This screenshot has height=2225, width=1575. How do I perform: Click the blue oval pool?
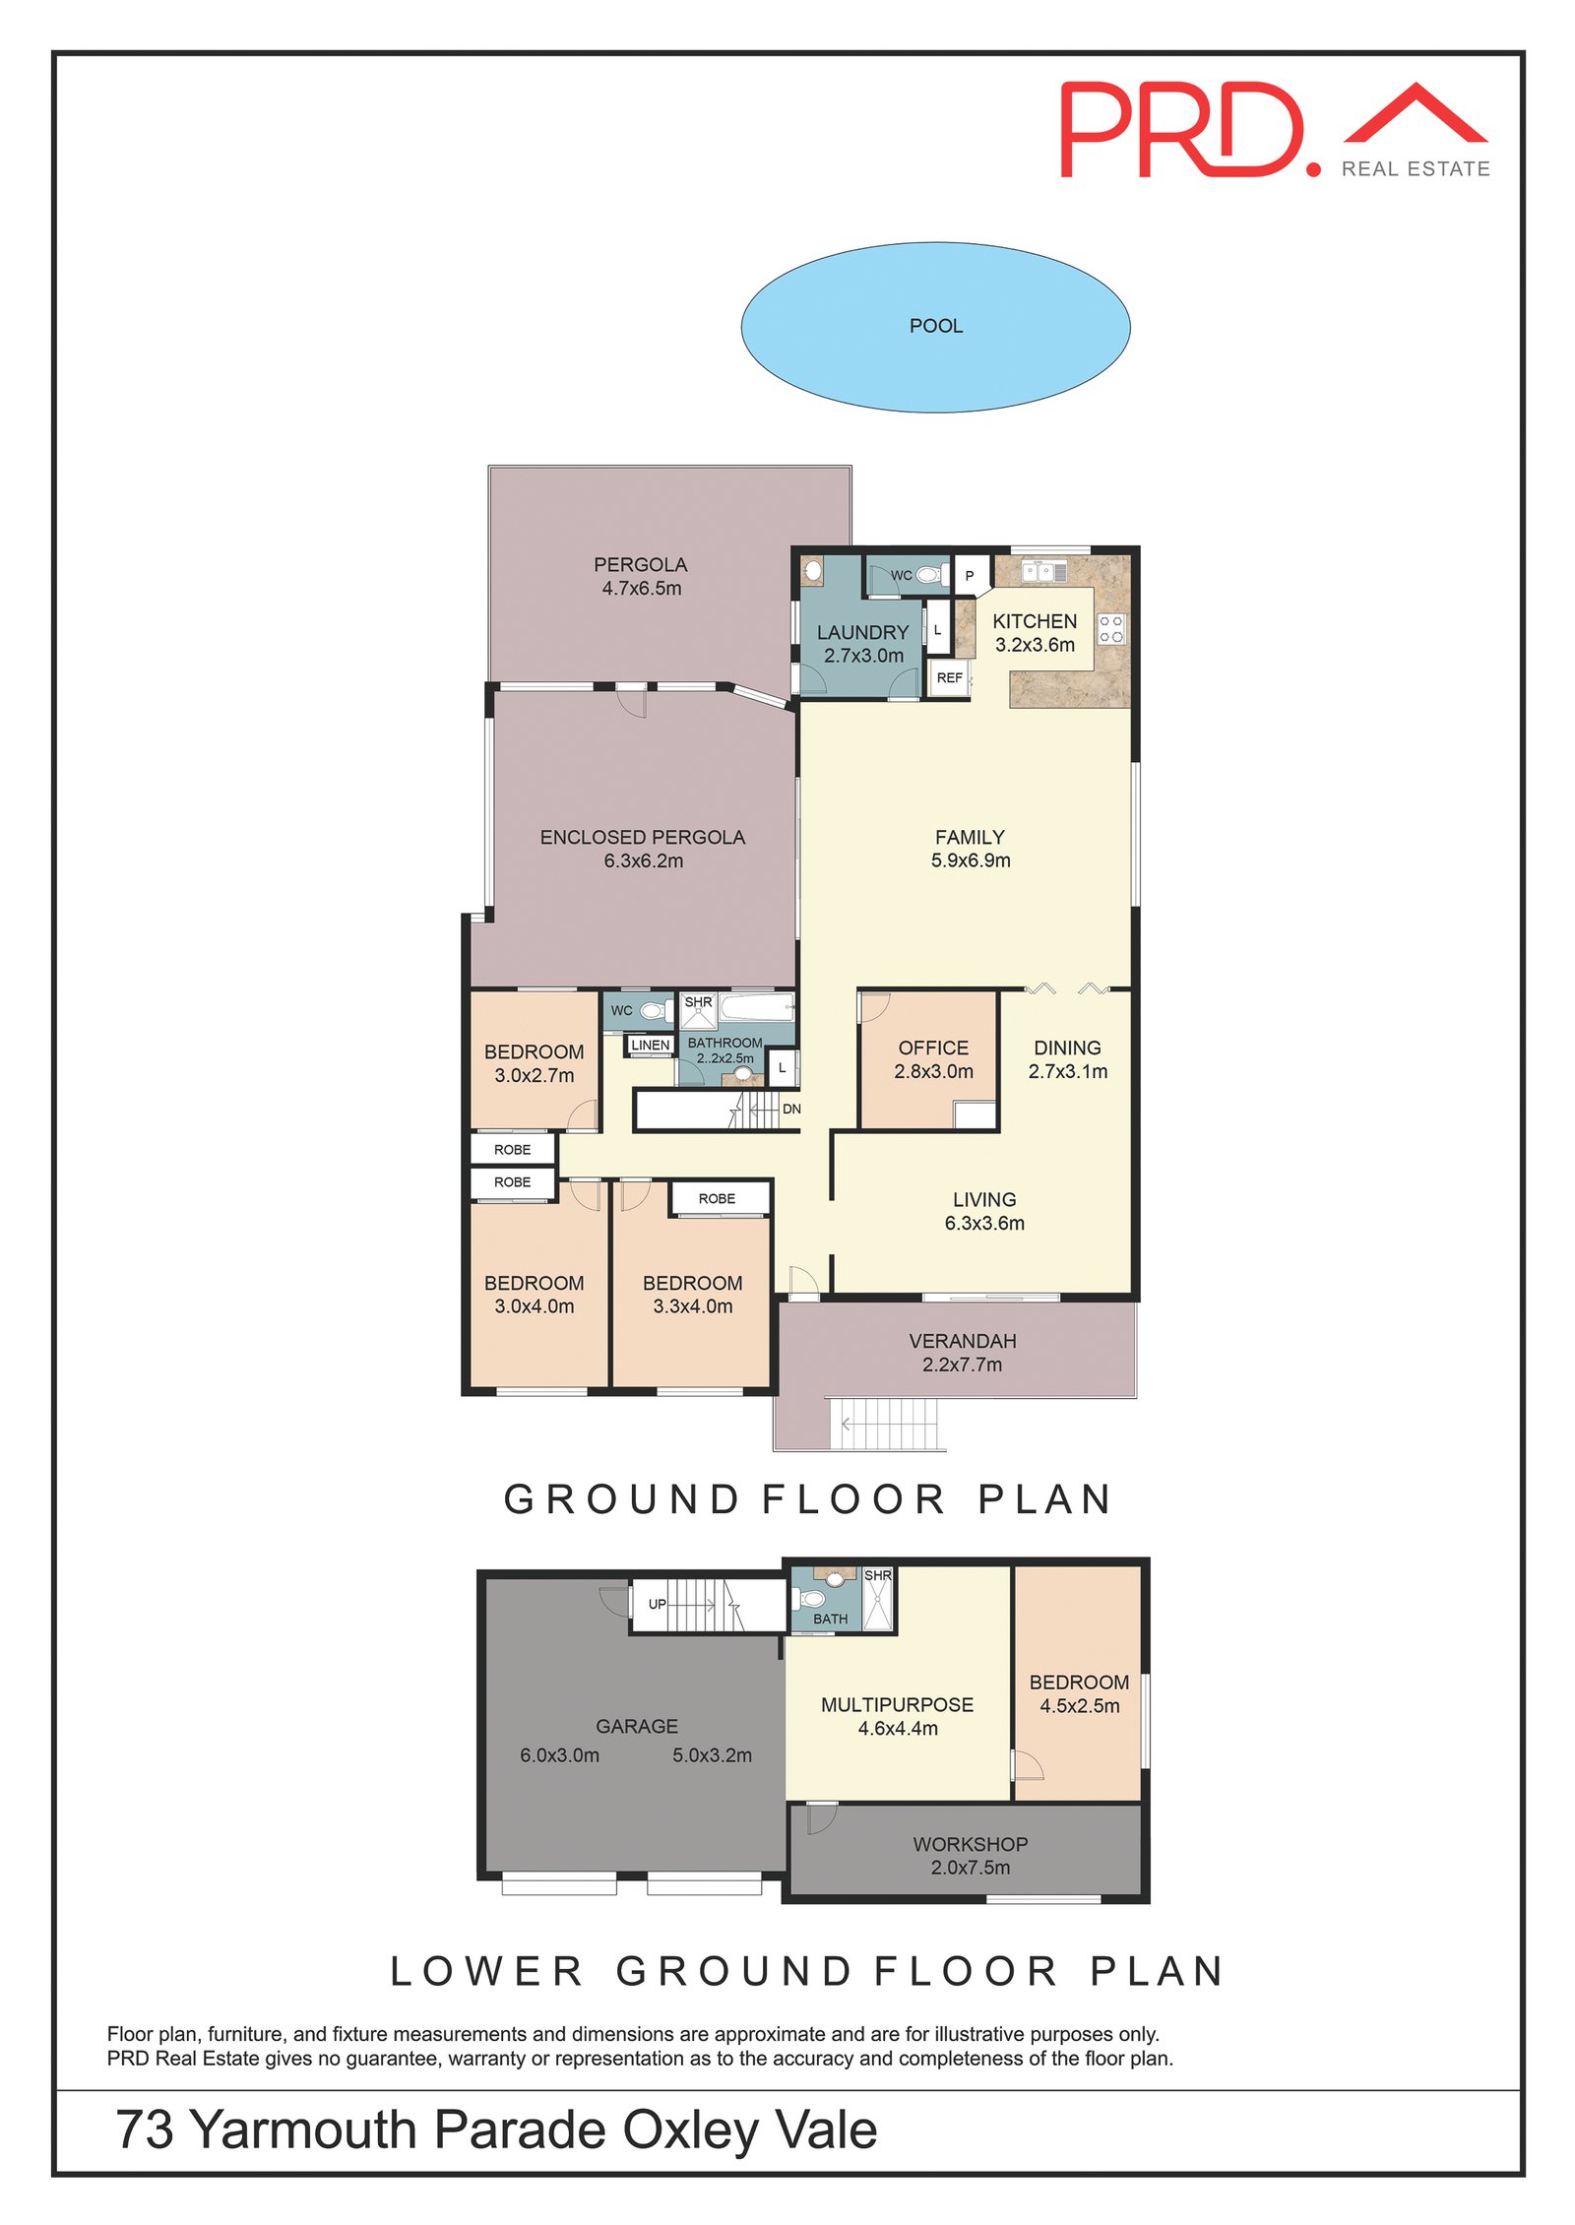pos(934,327)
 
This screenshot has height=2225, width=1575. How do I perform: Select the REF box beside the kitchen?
pos(949,678)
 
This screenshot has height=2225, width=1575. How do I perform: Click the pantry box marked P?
pos(970,576)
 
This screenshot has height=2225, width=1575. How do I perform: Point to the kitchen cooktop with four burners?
pos(1111,629)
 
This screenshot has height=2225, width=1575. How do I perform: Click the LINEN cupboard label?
pos(650,1045)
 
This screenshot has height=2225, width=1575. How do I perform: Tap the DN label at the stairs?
pos(791,1109)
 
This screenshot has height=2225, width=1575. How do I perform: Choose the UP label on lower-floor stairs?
pos(657,1604)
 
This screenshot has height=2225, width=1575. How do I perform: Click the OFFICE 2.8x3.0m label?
pos(933,1059)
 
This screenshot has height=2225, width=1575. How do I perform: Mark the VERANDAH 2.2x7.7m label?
pos(962,1353)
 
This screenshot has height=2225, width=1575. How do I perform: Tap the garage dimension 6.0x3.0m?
pos(559,1755)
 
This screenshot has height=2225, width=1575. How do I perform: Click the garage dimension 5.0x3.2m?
pos(712,1755)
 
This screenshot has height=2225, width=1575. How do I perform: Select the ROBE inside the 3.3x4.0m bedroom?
pos(717,1198)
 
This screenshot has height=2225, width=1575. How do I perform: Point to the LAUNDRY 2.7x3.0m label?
pos(862,644)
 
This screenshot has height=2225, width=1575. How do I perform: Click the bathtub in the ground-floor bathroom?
pos(756,1007)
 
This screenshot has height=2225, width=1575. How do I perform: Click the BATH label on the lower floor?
pos(830,1619)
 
